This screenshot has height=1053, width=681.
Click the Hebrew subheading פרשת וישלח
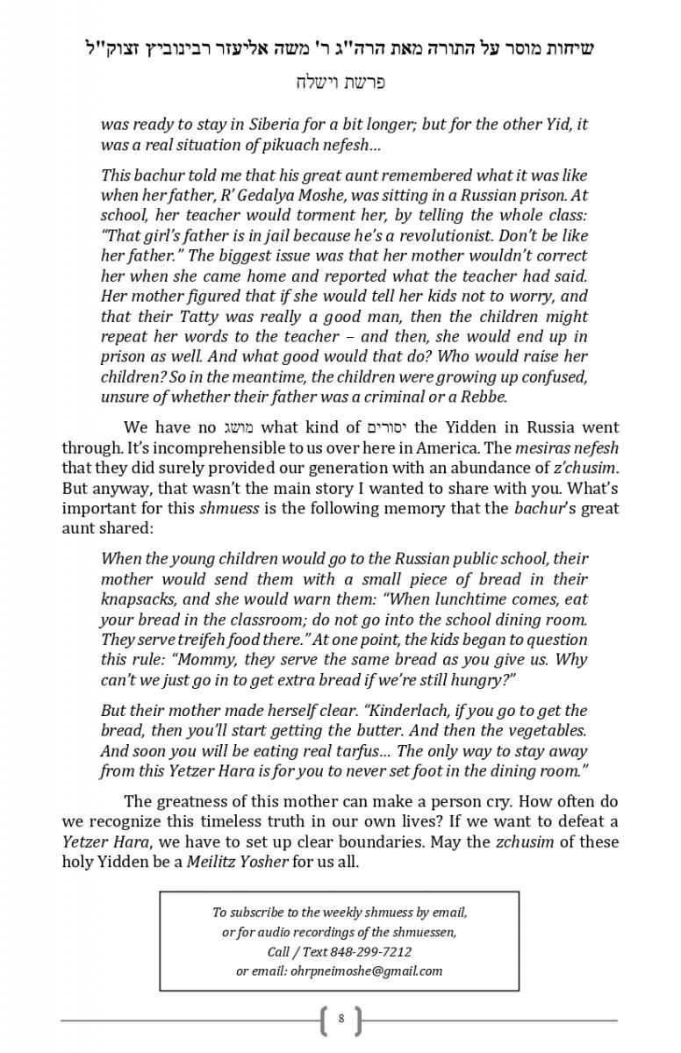[340, 83]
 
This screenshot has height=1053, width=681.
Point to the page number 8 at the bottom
[340, 1020]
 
